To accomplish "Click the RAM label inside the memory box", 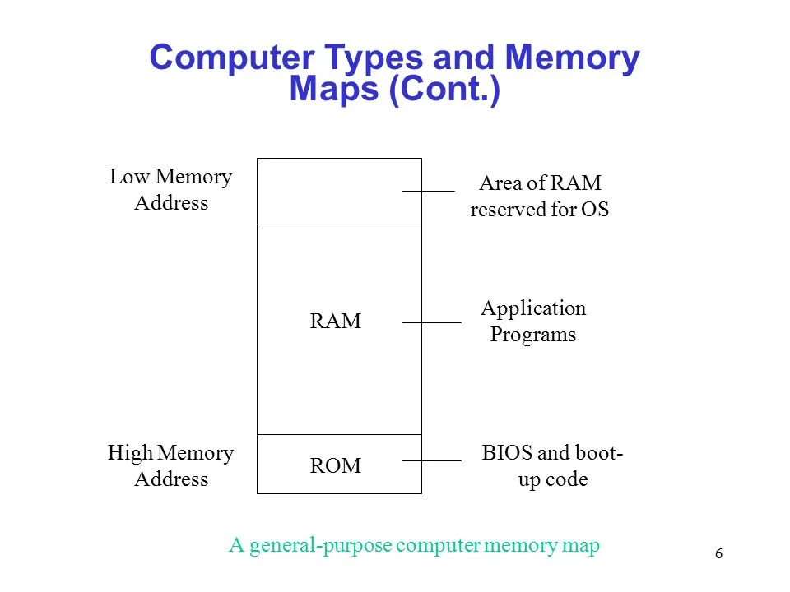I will pos(336,321).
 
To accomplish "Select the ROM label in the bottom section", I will pos(336,466).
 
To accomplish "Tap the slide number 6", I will pos(719,554).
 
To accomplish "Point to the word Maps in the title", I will pos(334,89).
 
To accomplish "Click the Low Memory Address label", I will pos(171,190).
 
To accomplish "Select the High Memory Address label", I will pos(171,466).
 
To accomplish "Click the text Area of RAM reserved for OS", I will pos(539,197).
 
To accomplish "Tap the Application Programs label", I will pos(533,321).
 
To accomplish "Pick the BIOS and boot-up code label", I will pos(552,466).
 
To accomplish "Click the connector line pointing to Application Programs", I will pos(431,323).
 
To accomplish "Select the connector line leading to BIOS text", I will pos(431,461).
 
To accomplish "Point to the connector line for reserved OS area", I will pos(428,191).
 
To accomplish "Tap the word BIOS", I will pos(503,453).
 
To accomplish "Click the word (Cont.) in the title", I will pos(444,89).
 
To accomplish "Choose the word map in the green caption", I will pos(580,546).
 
